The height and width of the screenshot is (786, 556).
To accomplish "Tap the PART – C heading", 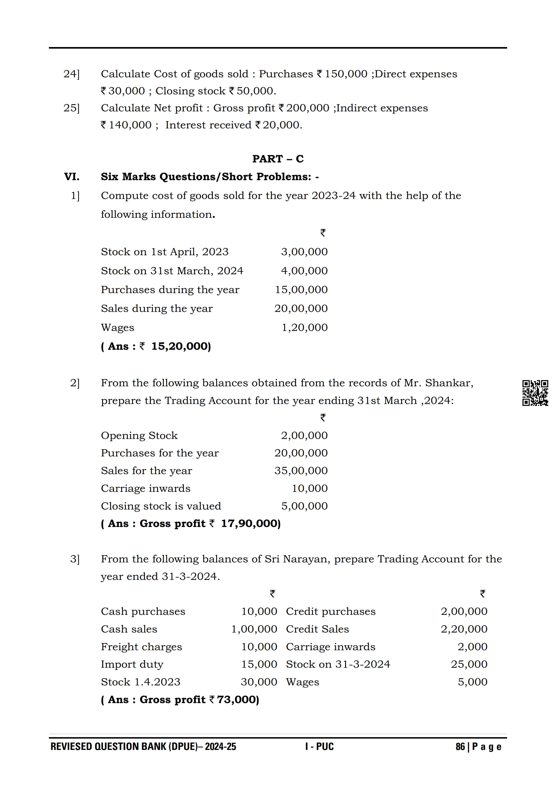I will click(x=278, y=159).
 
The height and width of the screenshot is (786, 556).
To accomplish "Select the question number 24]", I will click(x=71, y=74).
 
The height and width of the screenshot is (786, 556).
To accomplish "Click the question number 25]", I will click(x=71, y=108).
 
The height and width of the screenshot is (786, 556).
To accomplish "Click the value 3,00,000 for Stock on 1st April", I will click(x=304, y=252).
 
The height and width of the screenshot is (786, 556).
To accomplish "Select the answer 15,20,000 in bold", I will click(x=181, y=346).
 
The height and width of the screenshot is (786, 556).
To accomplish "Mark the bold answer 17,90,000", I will click(x=251, y=524).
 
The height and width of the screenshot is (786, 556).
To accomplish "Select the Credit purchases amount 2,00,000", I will click(x=464, y=611).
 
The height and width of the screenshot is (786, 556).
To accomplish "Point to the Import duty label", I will click(x=132, y=665).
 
